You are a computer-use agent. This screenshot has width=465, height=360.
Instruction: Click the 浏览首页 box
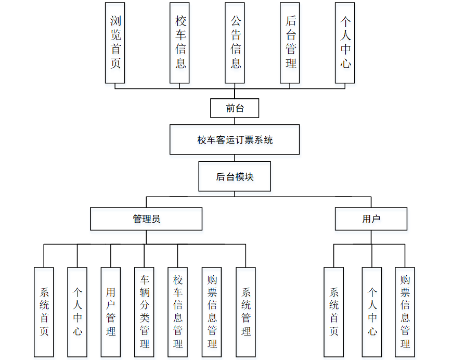(115, 42)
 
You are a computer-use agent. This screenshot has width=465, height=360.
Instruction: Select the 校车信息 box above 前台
(180, 42)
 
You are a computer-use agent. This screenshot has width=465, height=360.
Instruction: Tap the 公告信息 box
(235, 42)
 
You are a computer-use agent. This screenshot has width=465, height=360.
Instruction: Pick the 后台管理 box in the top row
(290, 42)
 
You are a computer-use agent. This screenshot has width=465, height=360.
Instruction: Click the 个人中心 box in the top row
(345, 42)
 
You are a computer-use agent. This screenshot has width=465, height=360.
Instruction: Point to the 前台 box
(235, 108)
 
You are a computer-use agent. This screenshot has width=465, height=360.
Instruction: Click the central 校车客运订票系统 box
(235, 139)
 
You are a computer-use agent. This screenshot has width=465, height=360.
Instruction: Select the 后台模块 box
(235, 177)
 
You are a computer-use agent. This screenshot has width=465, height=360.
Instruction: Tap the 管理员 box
(146, 219)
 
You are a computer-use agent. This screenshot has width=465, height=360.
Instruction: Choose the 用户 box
(371, 219)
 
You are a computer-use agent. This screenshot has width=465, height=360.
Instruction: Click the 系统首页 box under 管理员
(44, 312)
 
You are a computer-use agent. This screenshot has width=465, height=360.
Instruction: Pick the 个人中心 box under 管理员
(77, 312)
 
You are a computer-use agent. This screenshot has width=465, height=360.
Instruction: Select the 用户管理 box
(111, 312)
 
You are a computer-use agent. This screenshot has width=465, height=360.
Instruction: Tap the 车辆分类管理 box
(145, 312)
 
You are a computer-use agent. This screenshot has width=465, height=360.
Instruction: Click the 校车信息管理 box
(178, 312)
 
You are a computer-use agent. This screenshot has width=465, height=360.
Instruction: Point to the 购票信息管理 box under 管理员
(212, 312)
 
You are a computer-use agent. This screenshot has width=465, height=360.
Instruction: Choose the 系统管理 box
(246, 312)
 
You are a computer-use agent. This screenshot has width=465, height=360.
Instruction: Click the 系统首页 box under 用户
(334, 312)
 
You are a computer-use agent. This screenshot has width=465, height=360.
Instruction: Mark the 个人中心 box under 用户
(372, 312)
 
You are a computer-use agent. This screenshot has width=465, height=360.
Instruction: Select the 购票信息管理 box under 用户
(405, 312)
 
